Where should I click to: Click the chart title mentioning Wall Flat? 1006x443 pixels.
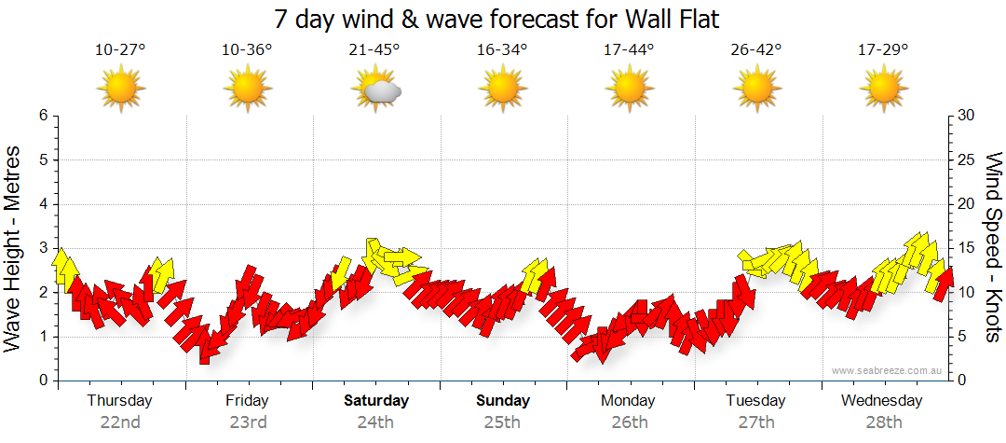[x=497, y=19]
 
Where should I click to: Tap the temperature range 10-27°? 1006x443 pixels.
[x=120, y=50]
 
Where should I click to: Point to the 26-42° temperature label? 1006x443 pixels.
[x=755, y=50]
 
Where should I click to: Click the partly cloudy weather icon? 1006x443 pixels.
[x=376, y=90]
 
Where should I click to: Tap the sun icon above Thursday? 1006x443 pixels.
[x=121, y=90]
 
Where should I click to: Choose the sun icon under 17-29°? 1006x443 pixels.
[x=882, y=90]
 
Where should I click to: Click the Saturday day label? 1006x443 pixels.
[x=376, y=401]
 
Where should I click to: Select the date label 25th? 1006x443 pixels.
[x=503, y=422]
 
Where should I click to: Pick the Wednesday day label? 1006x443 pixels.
[x=881, y=401]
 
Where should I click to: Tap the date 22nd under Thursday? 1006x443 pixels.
[x=120, y=422]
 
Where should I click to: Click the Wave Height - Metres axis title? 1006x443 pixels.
[x=13, y=248]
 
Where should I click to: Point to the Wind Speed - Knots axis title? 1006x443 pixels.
[x=993, y=248]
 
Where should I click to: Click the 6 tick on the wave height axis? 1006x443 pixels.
[x=42, y=116]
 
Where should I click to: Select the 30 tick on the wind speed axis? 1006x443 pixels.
[x=968, y=116]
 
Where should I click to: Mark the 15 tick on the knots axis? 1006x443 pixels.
[x=968, y=248]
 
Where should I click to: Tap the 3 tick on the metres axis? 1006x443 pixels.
[x=42, y=248]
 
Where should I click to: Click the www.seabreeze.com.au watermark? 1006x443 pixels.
[x=889, y=370]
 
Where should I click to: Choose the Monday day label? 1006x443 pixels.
[x=628, y=401]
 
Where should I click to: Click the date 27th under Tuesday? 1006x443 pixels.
[x=755, y=422]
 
